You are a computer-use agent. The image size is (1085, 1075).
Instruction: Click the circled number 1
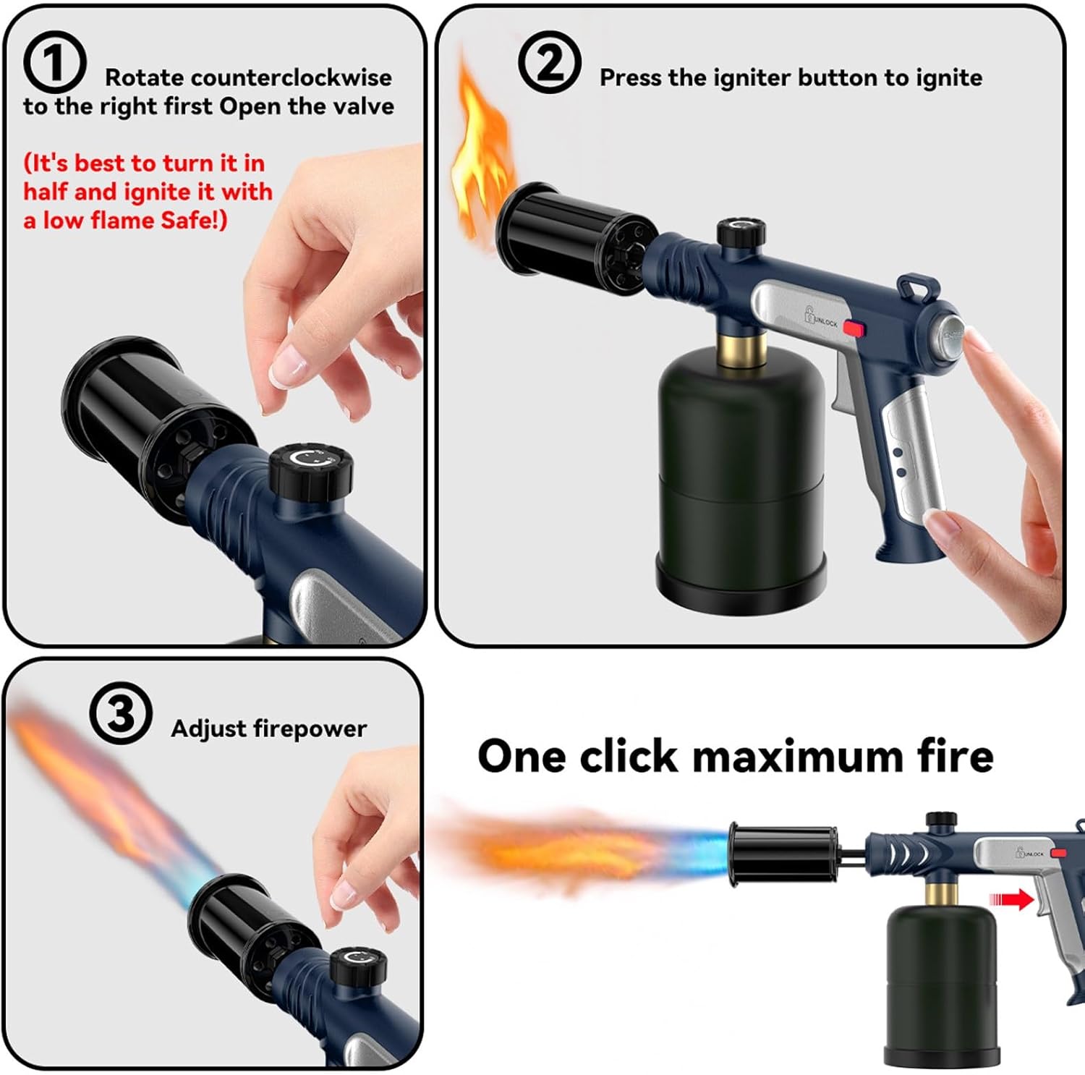(54, 64)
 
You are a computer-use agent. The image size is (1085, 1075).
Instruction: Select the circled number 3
(121, 713)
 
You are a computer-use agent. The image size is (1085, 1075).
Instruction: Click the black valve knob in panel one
(311, 469)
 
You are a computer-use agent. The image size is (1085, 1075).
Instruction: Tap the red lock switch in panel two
(854, 329)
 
